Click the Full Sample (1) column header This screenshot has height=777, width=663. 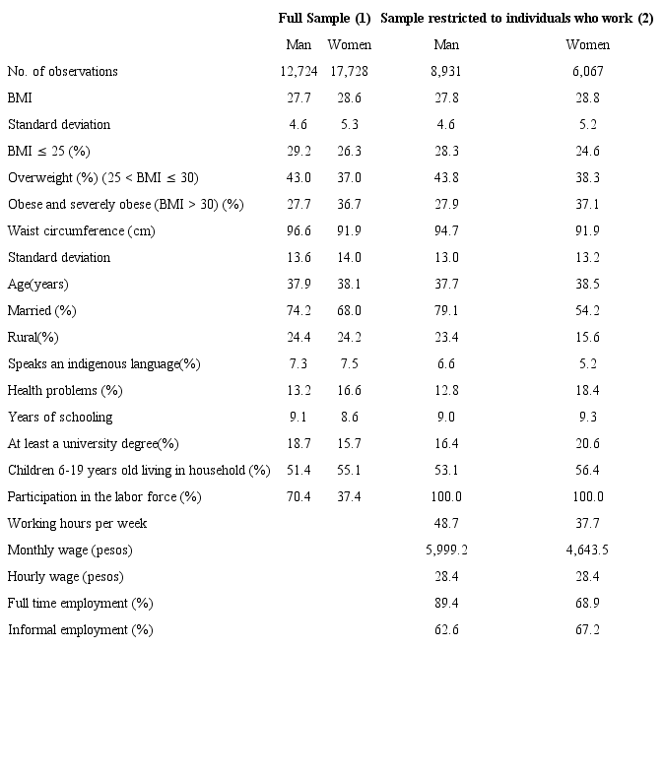pos(324,19)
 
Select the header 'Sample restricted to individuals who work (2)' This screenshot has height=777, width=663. pos(516,19)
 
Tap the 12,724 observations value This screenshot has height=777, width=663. pos(298,72)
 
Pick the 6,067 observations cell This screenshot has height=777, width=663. pos(587,72)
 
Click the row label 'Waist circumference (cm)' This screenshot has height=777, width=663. pos(81,231)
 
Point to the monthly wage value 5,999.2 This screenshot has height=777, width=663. pos(446,550)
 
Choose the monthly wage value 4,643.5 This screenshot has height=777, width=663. pos(587,550)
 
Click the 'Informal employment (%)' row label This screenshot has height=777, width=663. pos(80,630)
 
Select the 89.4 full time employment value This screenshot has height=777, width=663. pos(446,604)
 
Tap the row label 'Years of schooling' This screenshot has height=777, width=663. pos(60,418)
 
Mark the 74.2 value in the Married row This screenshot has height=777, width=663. pos(298,311)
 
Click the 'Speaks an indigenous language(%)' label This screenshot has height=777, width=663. pos(103,364)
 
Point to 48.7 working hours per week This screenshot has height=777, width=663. pos(446,524)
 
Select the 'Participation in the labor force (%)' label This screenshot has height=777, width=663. pos(104,497)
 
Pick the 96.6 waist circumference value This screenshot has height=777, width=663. pos(298,231)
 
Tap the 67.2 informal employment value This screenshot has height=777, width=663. pos(587,630)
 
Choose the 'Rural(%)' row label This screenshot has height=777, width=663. pos(33,338)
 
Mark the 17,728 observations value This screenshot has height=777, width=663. pos(350,72)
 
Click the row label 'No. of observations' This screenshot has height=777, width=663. pos(62,72)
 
